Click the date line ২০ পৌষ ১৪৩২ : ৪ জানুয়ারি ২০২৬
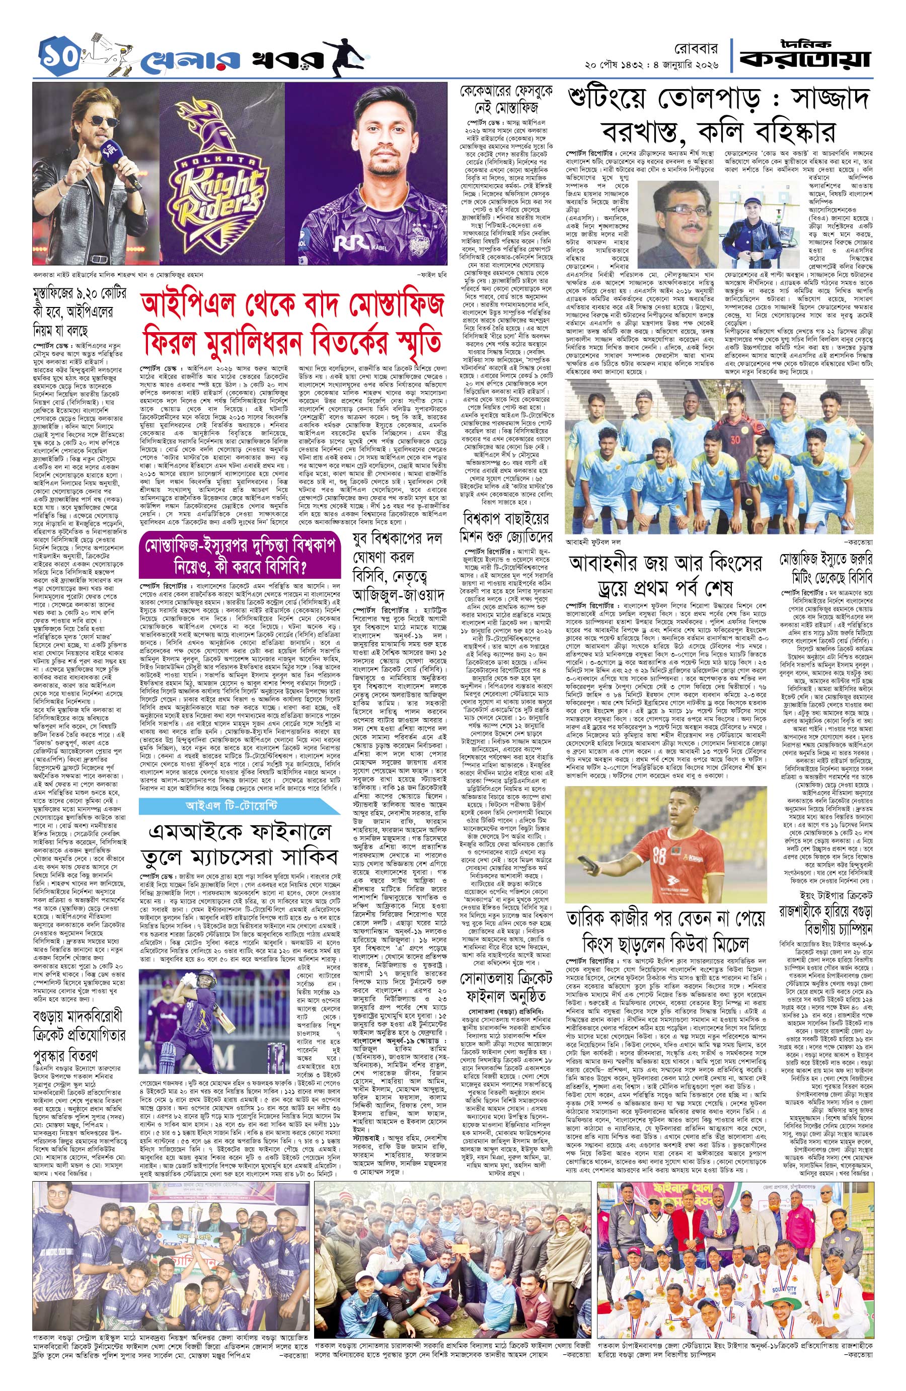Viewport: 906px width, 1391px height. pyautogui.click(x=652, y=63)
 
